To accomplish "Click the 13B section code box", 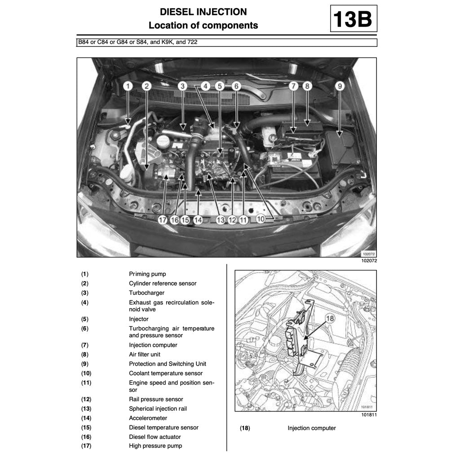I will point(353,19).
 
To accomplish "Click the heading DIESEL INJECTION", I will point(203,12).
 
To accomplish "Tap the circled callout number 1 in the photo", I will point(128,86).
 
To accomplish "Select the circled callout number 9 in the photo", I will point(340,86).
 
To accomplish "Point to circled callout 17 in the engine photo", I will point(162,220).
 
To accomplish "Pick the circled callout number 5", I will point(219,86).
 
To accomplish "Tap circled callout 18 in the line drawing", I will point(330,318).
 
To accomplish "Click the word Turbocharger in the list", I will point(146,293).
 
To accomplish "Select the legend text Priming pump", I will point(147,274).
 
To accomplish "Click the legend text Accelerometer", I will point(148,418).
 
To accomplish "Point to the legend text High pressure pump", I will point(155,446).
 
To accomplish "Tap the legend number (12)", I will point(86,399).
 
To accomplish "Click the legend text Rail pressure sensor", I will point(156,399).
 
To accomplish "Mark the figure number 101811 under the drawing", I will point(368,415).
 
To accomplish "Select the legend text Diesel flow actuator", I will point(155,437).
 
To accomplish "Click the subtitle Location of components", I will point(203,26).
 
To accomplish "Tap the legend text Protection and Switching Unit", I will point(168,364).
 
